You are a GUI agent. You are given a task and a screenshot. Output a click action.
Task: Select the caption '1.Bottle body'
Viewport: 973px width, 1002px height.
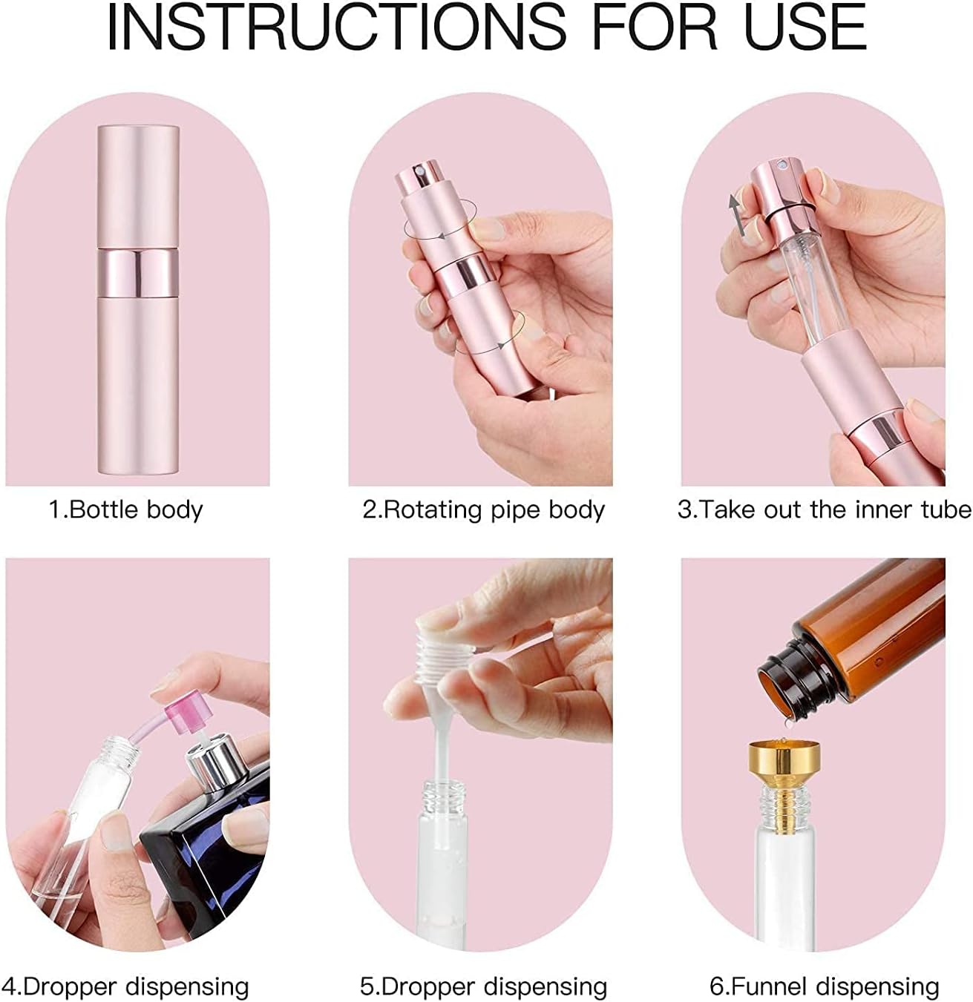click(125, 510)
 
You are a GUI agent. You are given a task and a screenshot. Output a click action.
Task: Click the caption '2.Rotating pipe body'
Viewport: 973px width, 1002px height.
click(483, 510)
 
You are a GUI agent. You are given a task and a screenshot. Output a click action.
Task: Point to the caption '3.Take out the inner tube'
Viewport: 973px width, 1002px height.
click(824, 510)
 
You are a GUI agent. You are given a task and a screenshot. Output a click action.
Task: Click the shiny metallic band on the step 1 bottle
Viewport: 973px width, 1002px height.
click(138, 273)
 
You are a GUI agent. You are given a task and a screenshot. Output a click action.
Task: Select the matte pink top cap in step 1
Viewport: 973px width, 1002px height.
click(138, 186)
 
